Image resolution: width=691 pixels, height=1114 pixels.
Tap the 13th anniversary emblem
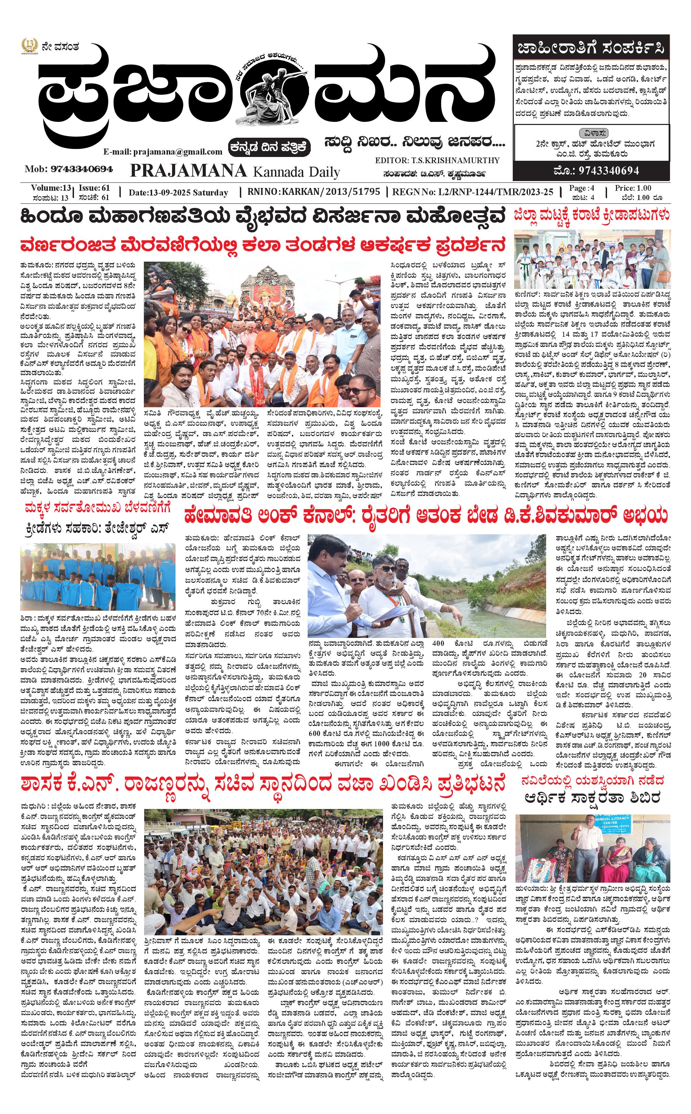29,46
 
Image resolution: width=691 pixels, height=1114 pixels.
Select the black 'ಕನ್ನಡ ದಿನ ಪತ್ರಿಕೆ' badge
270,147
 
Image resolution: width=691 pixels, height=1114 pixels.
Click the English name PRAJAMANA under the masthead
188,171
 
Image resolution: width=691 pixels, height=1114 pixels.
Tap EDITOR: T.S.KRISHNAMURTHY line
437,160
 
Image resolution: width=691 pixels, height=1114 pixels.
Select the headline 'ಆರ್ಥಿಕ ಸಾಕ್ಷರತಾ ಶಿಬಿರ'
593,798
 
